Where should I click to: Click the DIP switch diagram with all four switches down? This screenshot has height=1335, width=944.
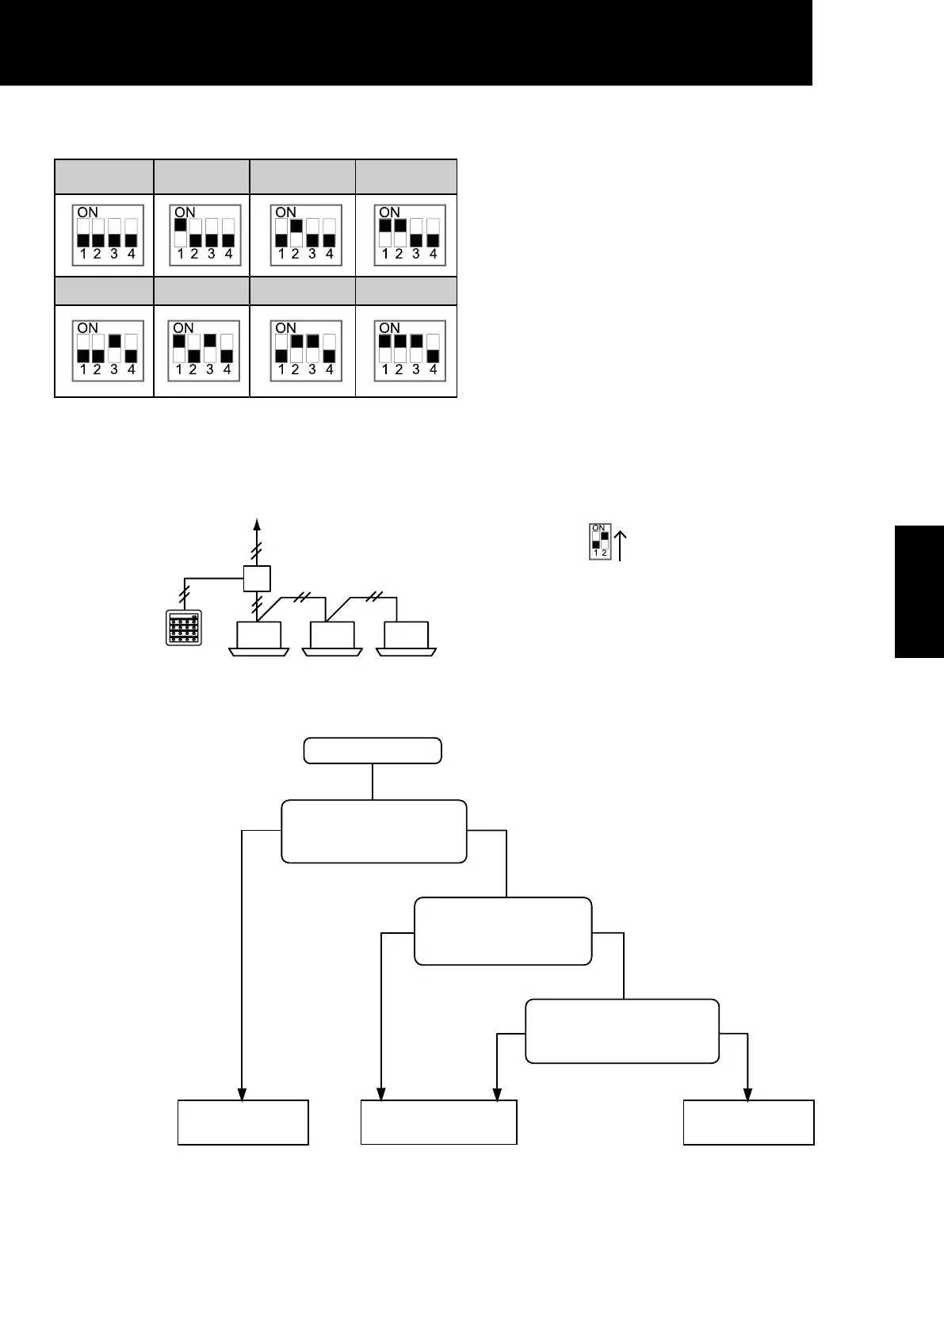pos(106,235)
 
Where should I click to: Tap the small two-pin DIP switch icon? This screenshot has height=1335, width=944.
pos(598,541)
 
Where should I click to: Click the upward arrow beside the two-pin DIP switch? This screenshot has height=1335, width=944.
pos(621,545)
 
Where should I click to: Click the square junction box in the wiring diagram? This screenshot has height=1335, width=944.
pos(257,579)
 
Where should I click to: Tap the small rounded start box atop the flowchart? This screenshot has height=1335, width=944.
pos(373,751)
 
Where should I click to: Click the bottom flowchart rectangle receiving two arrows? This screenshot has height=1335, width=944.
pos(438,1122)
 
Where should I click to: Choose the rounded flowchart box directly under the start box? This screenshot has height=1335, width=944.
pos(374,831)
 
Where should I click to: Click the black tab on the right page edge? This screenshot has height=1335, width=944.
pos(919,591)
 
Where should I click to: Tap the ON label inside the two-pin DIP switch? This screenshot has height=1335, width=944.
pos(598,528)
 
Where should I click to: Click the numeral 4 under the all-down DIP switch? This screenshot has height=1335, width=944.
pos(132,255)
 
